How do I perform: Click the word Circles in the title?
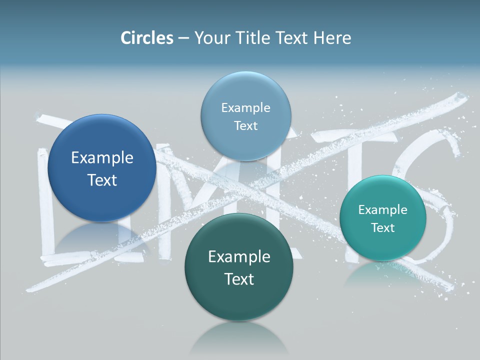click(x=146, y=38)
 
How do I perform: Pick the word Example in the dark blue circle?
click(x=102, y=158)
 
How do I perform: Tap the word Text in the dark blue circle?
click(x=102, y=180)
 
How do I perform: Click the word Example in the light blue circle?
click(x=245, y=107)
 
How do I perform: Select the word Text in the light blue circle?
click(x=245, y=125)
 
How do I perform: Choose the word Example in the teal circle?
click(x=382, y=209)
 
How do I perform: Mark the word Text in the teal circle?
click(x=382, y=227)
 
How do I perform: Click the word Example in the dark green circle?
click(x=239, y=257)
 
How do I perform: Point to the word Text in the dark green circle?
click(x=239, y=279)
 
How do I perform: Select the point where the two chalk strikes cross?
click(x=255, y=187)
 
